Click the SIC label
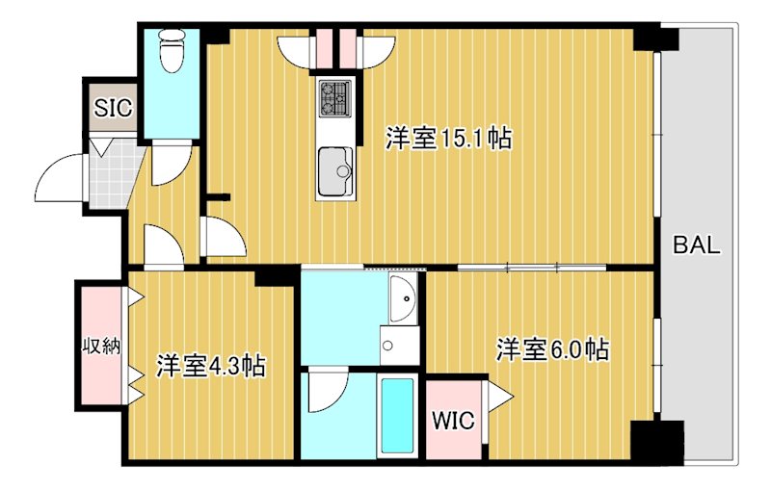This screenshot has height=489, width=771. point(113,108)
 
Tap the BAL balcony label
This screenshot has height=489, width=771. point(696,244)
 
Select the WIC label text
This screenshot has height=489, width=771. point(453,421)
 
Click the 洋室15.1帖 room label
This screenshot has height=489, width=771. point(448,139)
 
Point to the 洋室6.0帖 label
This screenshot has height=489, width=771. point(552,348)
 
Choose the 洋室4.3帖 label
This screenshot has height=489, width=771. point(211,366)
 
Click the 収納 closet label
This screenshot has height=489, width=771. point(100,346)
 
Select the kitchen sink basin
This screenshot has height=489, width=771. point(334,169)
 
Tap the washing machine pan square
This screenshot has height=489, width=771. point(398,345)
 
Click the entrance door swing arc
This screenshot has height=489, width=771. point(58,178)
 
